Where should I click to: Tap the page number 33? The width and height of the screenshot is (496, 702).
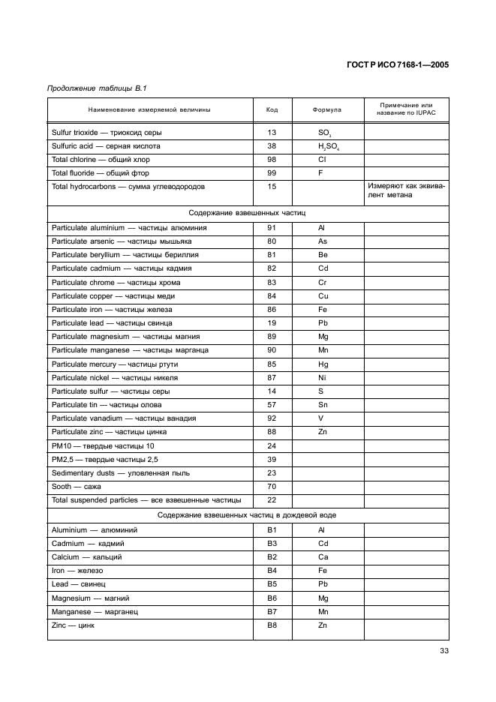tap(443, 650)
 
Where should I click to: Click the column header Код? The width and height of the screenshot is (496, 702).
tap(272, 109)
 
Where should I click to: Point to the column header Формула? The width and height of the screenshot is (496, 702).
tap(326, 109)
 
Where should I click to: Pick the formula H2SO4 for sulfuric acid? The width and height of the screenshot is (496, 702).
tap(327, 147)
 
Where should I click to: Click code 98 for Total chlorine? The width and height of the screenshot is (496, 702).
tap(272, 160)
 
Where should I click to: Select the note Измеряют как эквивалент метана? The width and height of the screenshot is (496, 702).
tap(406, 191)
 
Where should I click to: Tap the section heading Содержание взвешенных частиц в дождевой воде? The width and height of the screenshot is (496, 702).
tap(247, 515)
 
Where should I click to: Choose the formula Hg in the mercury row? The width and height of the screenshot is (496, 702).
tap(322, 364)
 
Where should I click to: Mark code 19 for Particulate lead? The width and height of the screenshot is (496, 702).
tap(272, 323)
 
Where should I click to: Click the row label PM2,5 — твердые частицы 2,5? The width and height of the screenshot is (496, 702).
tap(104, 459)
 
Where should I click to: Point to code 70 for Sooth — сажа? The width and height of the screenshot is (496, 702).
tap(272, 487)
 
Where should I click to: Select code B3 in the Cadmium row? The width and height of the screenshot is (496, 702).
tap(272, 543)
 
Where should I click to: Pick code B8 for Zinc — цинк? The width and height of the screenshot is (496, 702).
tap(272, 625)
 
